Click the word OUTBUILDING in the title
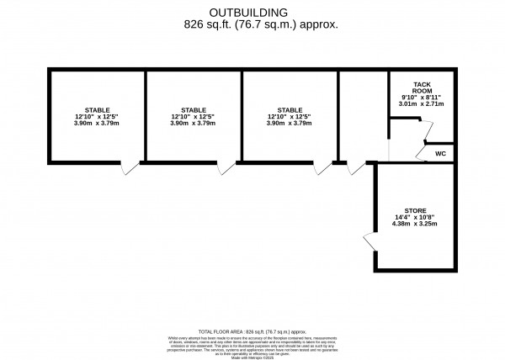coord(249,12)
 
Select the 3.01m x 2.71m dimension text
coord(422,107)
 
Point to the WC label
coord(441,154)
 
